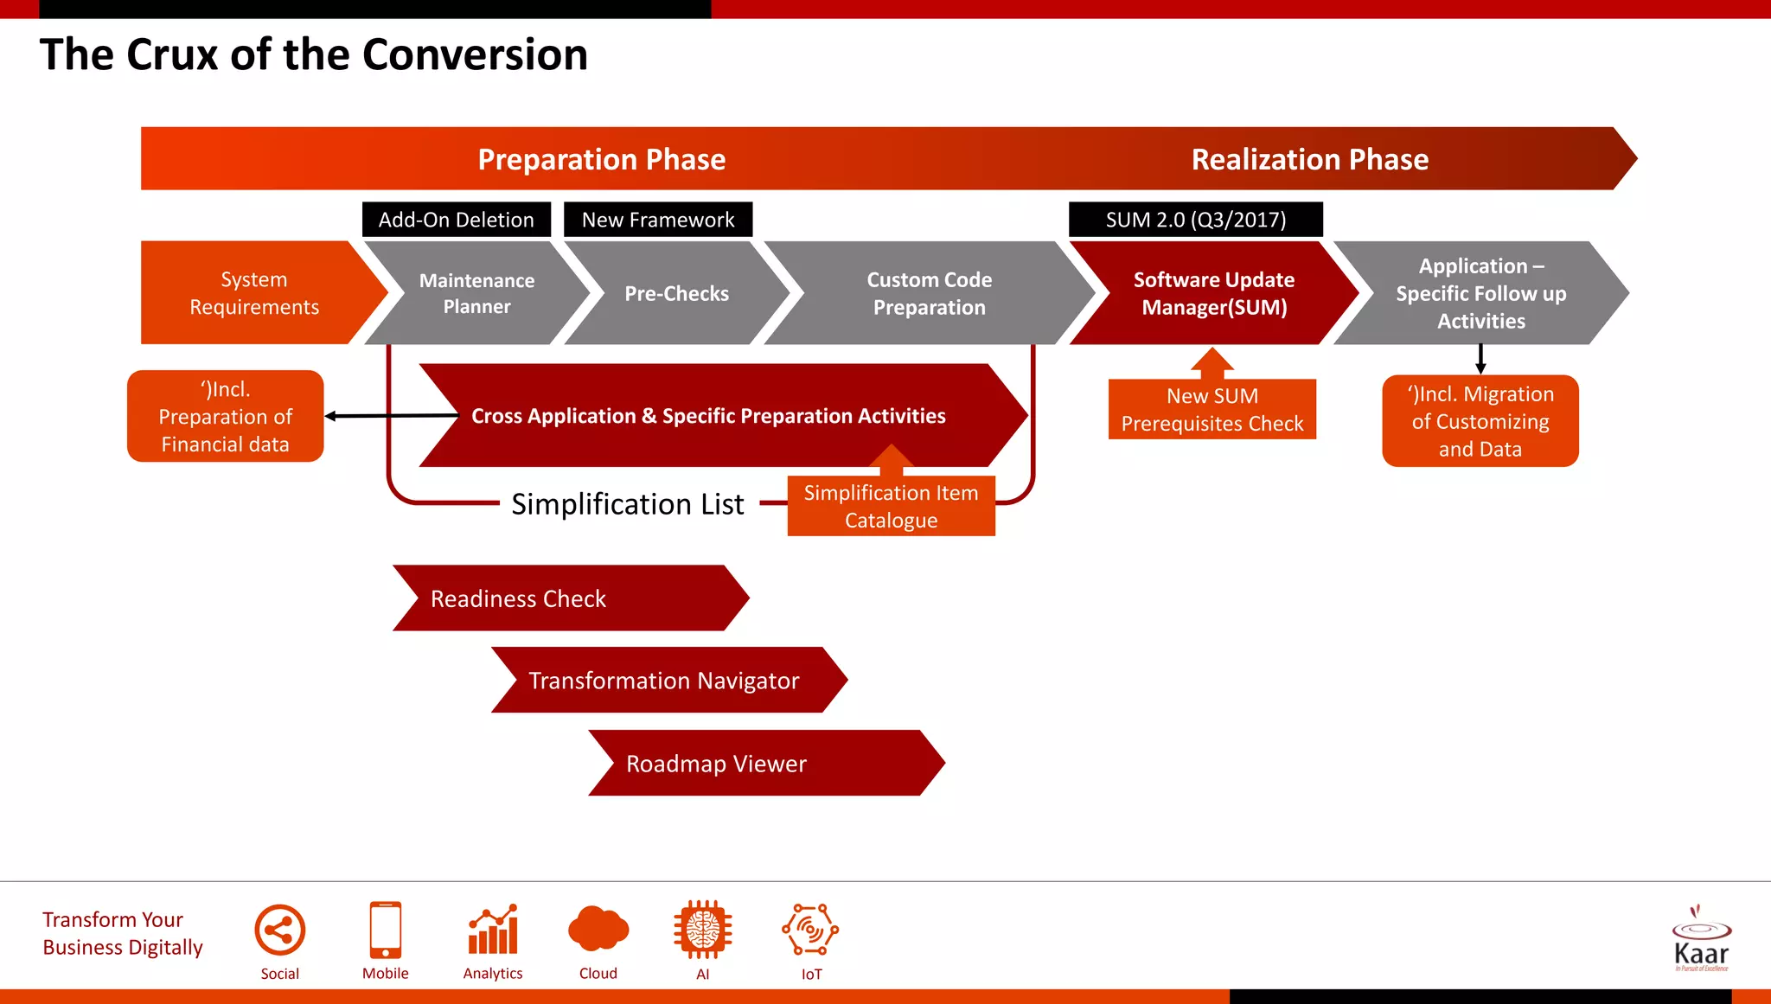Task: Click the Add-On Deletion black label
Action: click(x=456, y=220)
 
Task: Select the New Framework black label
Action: click(x=657, y=220)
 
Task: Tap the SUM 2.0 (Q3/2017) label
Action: click(x=1195, y=220)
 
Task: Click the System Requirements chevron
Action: click(x=253, y=293)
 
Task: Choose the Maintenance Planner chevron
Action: click(x=476, y=293)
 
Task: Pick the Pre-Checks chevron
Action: click(x=676, y=294)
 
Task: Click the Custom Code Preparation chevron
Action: click(x=929, y=293)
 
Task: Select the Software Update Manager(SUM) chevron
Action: click(x=1213, y=293)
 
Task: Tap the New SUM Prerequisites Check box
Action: click(x=1212, y=410)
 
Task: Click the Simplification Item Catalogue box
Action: click(x=891, y=507)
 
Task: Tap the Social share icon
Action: click(x=279, y=930)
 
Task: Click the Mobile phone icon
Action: click(x=385, y=930)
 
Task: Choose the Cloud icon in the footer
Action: click(x=598, y=930)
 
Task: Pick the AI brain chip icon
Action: click(x=702, y=930)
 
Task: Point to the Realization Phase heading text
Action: click(x=1309, y=160)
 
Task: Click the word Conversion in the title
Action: click(x=475, y=54)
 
